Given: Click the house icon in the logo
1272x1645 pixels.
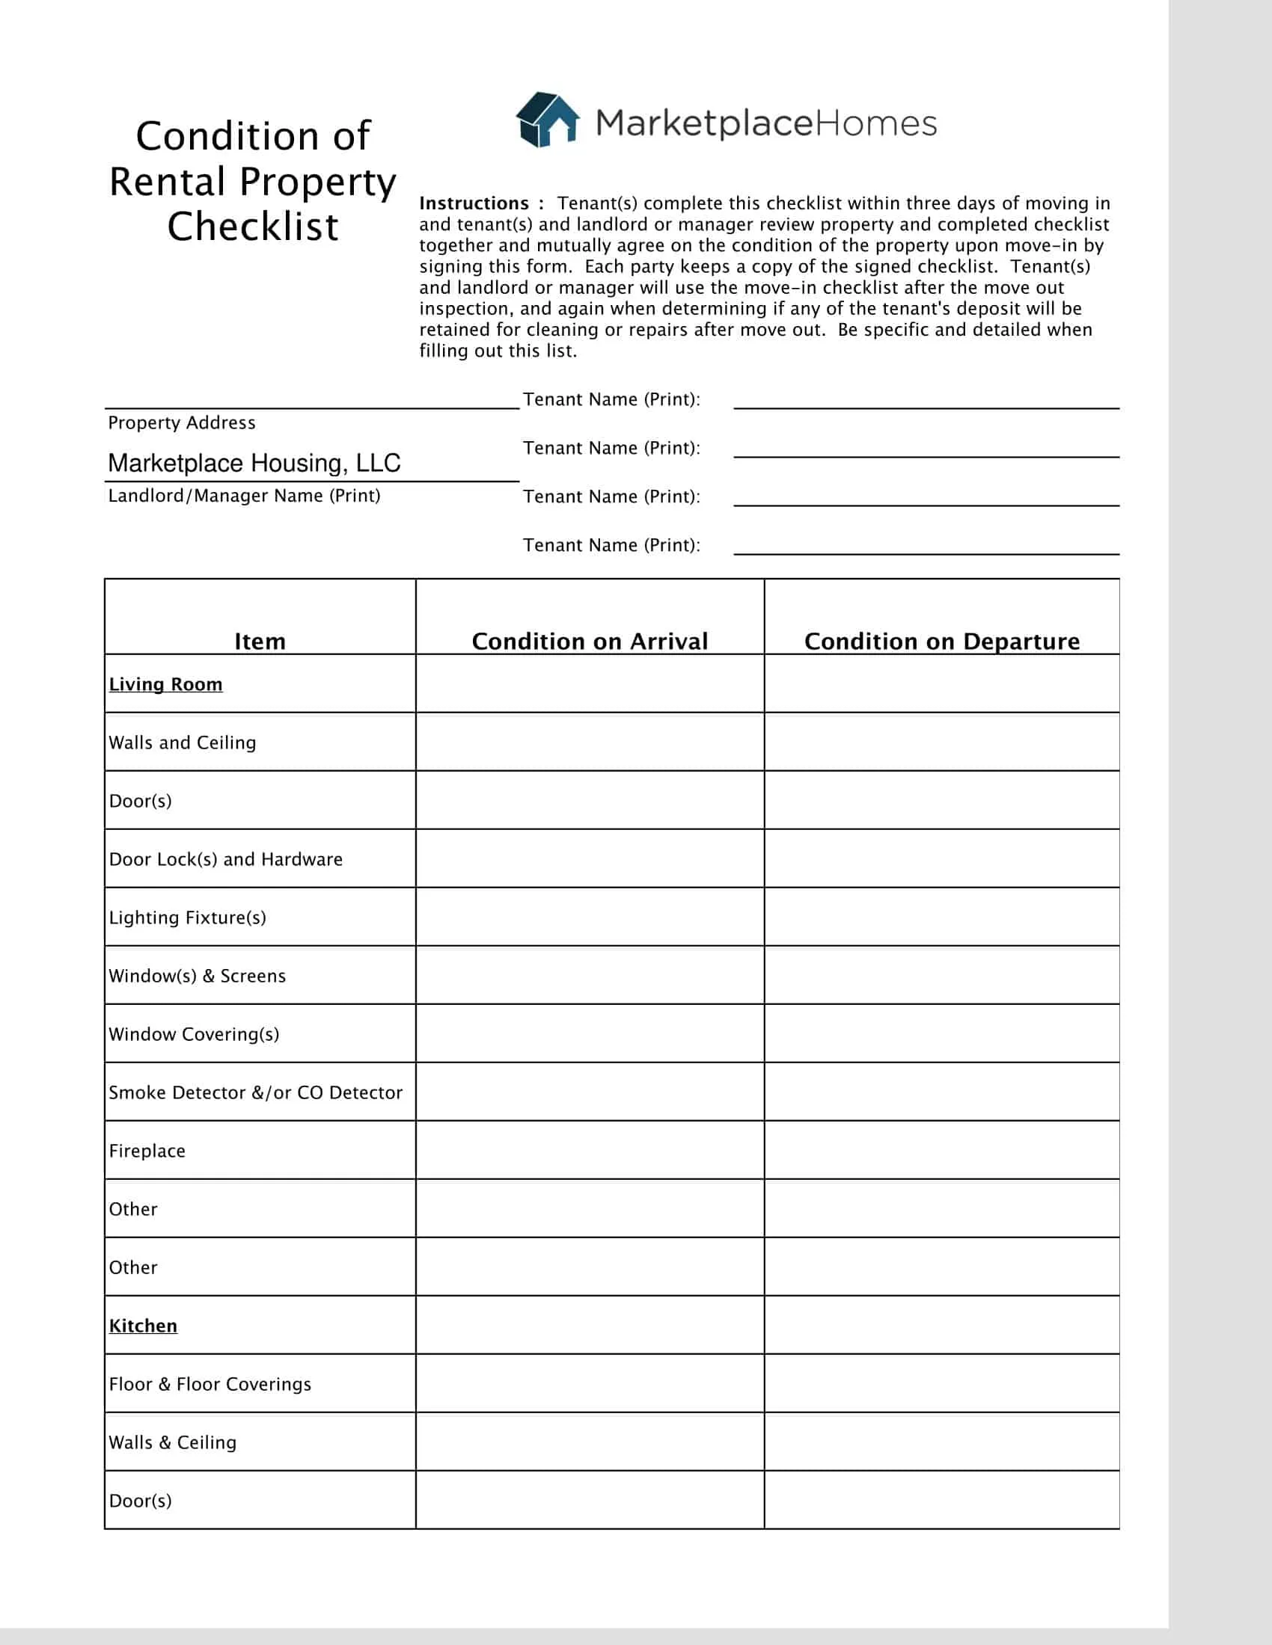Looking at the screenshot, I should [547, 120].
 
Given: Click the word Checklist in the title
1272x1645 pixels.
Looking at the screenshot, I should [252, 227].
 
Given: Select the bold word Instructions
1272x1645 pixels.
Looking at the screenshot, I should [474, 203].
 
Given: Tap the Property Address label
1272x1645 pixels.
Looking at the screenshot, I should [182, 422].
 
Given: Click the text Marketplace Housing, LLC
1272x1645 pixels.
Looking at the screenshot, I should [254, 462].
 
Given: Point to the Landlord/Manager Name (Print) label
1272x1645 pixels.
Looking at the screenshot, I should [244, 496].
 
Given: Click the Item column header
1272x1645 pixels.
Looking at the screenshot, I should [260, 641].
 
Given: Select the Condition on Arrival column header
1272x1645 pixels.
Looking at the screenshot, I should [590, 641].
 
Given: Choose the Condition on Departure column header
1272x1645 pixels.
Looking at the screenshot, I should [941, 641].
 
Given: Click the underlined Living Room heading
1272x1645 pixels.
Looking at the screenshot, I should [166, 684].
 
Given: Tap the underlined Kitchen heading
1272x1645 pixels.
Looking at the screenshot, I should [143, 1326].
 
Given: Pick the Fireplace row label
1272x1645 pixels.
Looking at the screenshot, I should [147, 1151].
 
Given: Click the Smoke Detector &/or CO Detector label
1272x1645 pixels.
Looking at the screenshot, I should [255, 1092].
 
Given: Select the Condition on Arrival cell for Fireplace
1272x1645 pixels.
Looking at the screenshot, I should [590, 1150].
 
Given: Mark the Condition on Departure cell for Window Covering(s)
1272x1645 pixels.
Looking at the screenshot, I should [941, 1033].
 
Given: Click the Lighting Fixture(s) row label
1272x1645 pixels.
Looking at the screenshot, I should [188, 917].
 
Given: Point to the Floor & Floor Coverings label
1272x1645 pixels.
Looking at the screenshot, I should [210, 1383].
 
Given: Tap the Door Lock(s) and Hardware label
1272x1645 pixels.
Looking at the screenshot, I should [225, 859].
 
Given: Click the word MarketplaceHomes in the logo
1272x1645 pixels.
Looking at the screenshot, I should [765, 123].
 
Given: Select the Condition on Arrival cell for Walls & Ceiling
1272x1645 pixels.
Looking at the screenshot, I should [590, 1442].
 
